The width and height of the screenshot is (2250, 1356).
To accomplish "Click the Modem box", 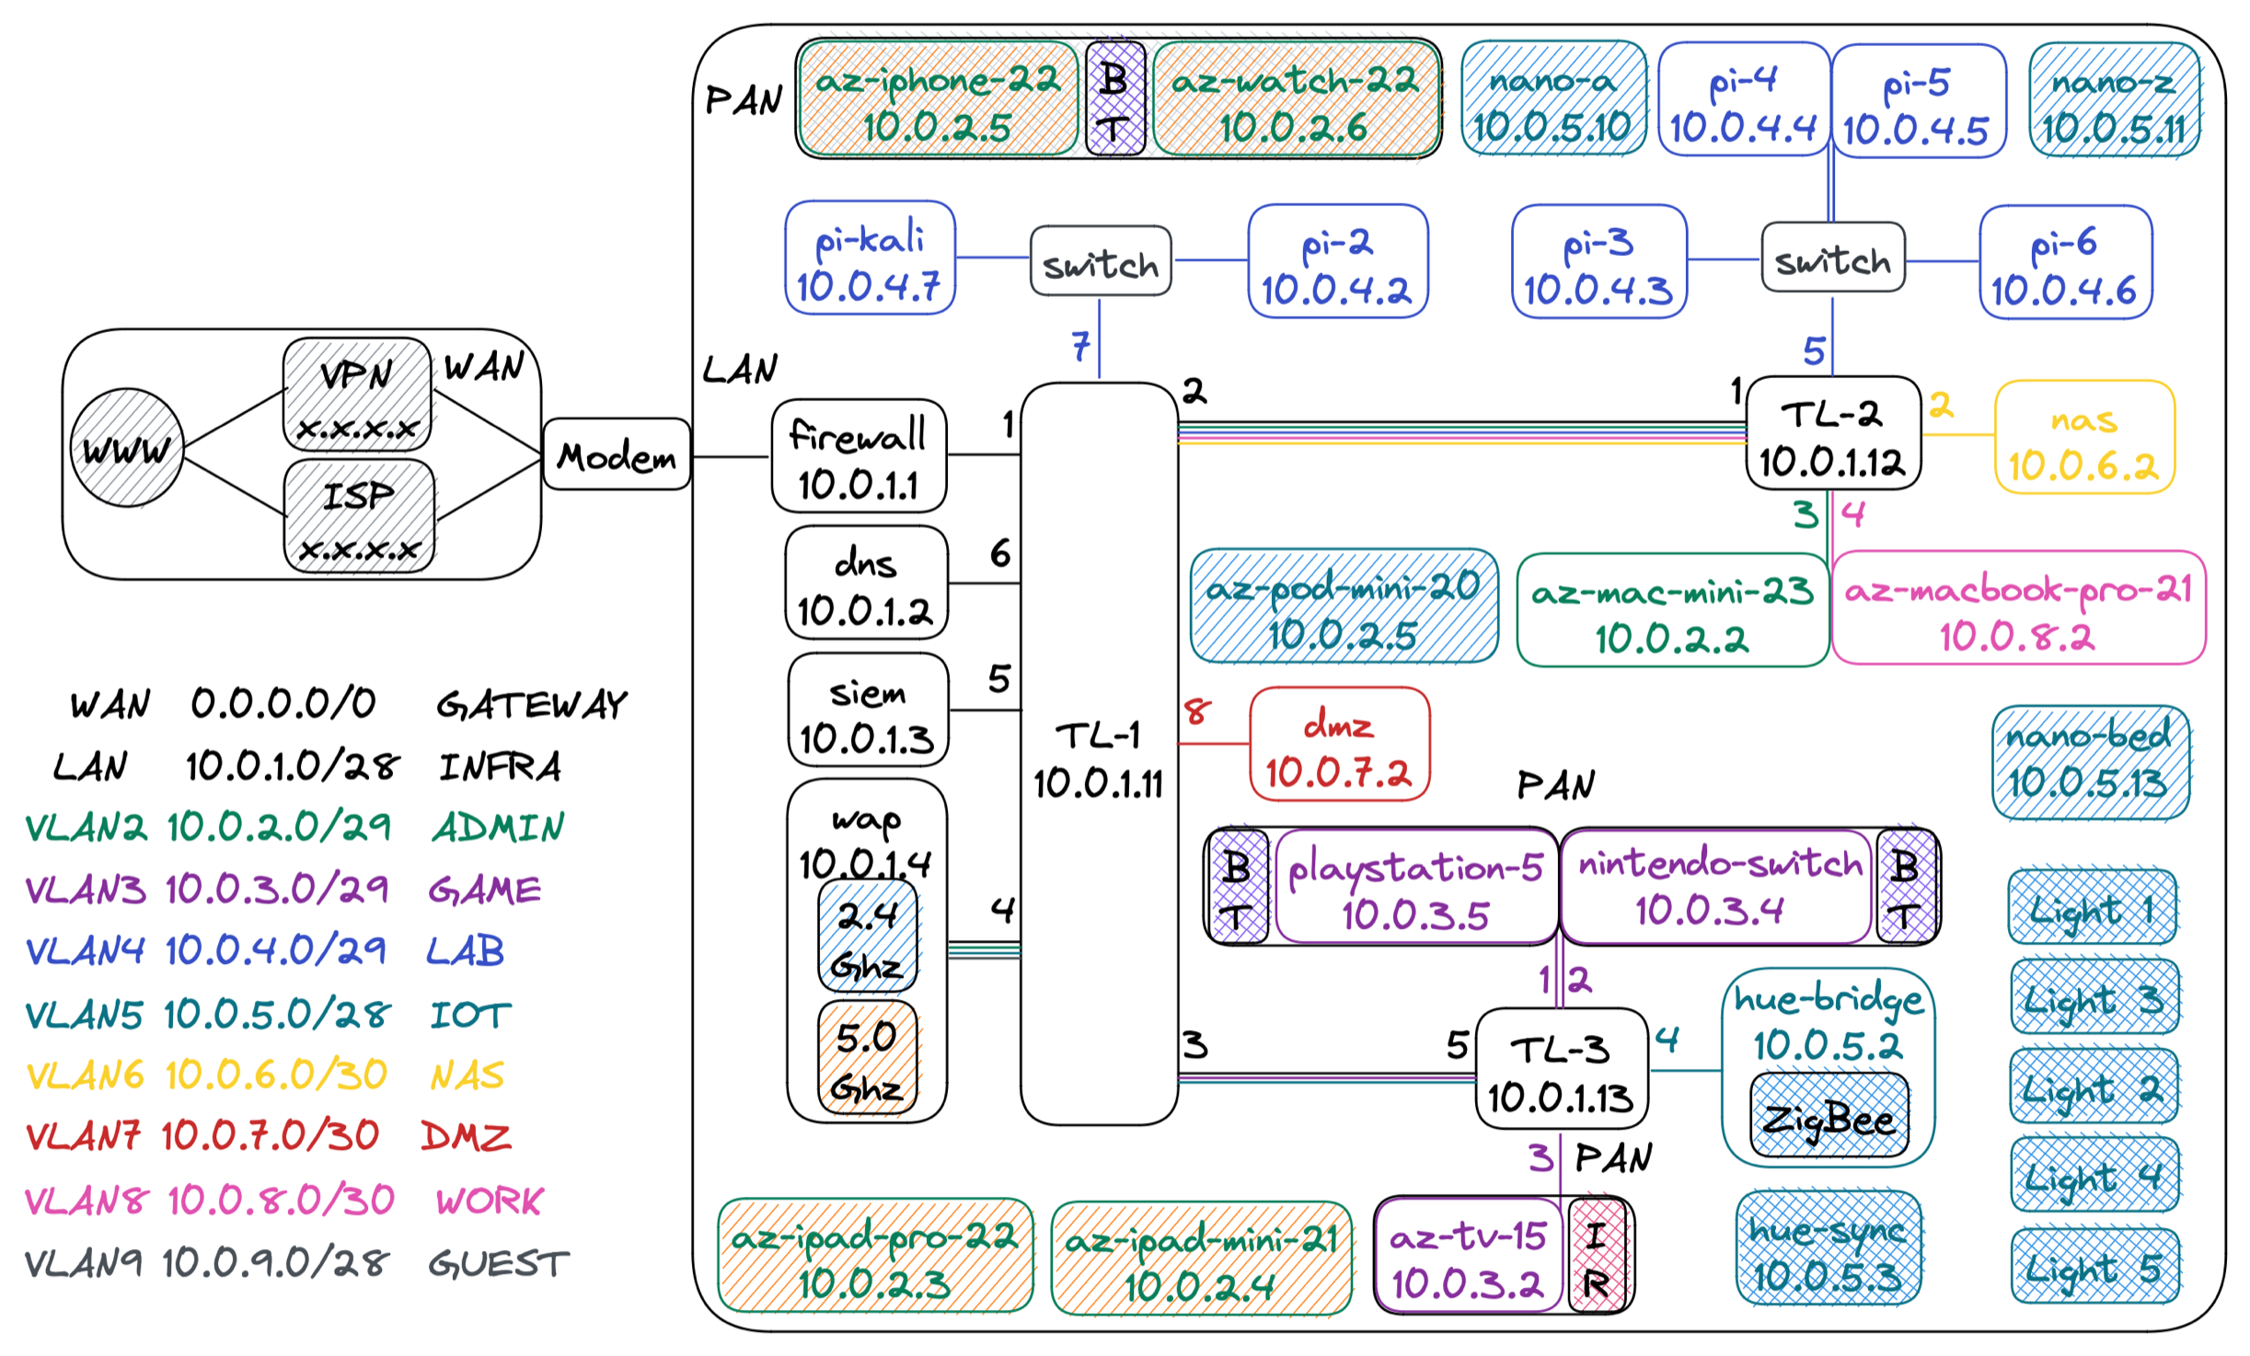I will (x=616, y=454).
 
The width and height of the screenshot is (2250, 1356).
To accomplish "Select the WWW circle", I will (x=127, y=448).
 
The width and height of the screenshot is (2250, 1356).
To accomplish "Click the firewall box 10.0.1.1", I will (x=858, y=455).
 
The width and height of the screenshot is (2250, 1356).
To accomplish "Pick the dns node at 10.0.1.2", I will (x=865, y=582).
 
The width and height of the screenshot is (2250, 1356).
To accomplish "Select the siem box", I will (x=867, y=711).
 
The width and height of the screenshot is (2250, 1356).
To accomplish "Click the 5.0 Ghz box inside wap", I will (x=867, y=1059).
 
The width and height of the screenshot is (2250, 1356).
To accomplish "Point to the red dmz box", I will (x=1338, y=743).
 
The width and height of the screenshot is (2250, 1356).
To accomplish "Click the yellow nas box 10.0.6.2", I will (x=2083, y=440).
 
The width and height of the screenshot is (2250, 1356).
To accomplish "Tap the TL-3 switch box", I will (x=1561, y=1070).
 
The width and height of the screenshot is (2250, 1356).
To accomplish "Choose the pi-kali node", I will (x=870, y=259).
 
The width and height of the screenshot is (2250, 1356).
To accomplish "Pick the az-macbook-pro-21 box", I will (x=2018, y=608).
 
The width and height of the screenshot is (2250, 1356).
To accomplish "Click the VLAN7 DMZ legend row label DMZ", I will (x=466, y=1137).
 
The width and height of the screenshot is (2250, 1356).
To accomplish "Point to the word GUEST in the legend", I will (x=499, y=1264).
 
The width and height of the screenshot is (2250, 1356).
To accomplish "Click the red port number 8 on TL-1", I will (x=1196, y=711).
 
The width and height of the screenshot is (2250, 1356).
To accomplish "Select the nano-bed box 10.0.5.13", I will (x=2089, y=762).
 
